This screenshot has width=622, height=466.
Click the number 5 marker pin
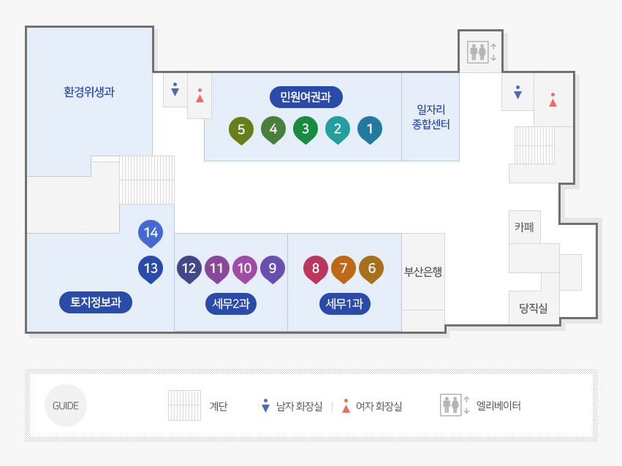pos(240,129)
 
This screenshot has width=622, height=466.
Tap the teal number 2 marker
pos(337,129)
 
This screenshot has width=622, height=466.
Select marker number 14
pos(151,233)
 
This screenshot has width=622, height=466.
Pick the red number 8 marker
pos(316,268)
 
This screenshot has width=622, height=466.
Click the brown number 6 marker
pos(371,268)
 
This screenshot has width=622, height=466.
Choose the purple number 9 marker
pos(273,268)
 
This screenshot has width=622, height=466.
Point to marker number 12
pos(189,268)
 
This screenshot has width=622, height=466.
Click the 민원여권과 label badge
pos(306,96)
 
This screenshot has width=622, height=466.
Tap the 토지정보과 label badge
pos(96,302)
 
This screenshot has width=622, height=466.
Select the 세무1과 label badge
pos(344,303)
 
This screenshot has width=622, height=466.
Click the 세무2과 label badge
pos(231,303)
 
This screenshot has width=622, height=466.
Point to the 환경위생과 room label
pos(89,92)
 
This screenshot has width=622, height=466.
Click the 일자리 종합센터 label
pos(431,117)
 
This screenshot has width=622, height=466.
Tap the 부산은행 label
pos(423,272)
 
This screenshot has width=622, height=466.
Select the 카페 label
pos(524,227)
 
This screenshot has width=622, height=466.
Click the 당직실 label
pos(534,308)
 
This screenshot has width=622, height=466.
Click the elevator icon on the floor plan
pos(480,52)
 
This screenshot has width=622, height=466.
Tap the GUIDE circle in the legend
pos(66,405)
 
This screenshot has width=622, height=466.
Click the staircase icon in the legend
pos(184,405)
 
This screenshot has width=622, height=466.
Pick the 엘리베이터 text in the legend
pos(498,405)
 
